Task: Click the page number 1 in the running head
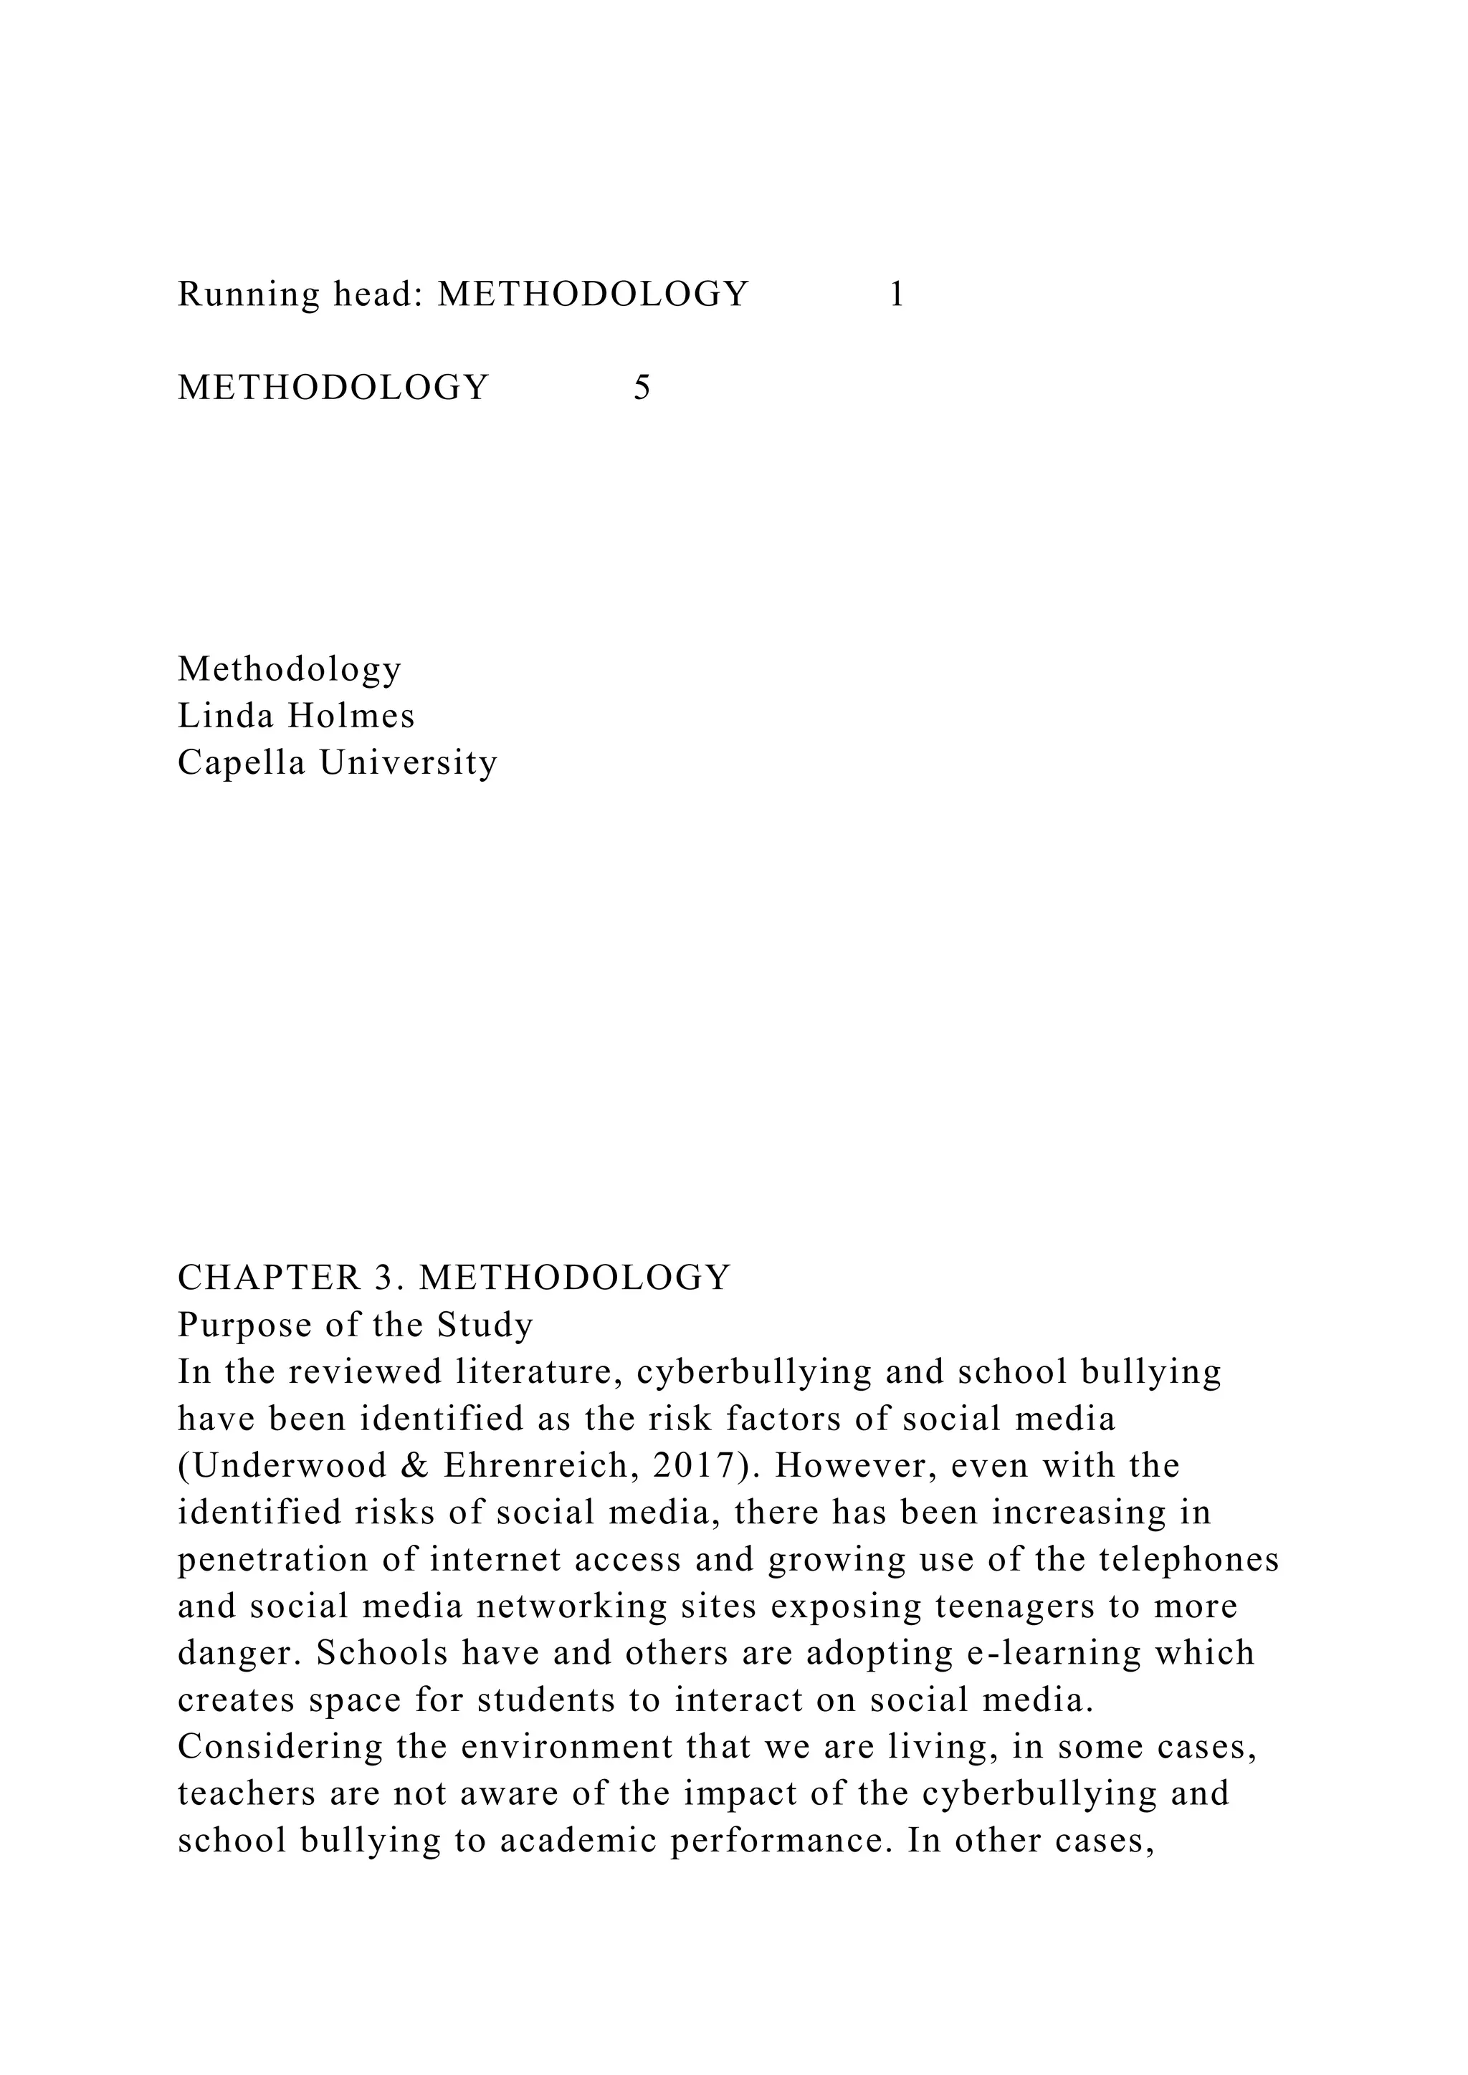point(897,294)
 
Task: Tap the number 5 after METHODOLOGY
point(642,388)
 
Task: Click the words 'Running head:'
point(300,294)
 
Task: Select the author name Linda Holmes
point(297,716)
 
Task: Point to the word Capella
point(242,763)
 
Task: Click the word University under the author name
point(408,763)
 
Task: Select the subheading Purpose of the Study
point(356,1325)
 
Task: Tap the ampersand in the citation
point(415,1466)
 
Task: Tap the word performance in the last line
point(779,1841)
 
